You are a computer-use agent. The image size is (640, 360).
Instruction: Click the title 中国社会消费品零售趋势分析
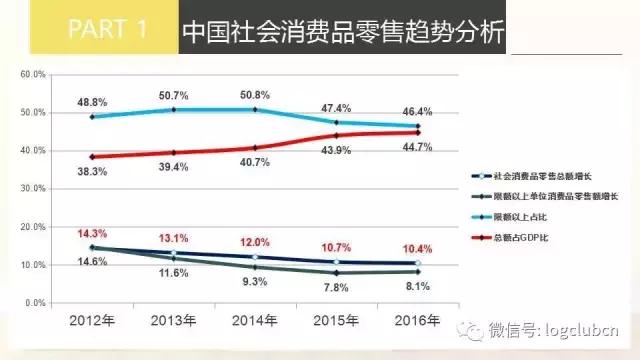[341, 30]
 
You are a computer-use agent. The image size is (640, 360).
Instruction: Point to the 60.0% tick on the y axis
[33, 75]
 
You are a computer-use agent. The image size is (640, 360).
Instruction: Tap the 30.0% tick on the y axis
[33, 188]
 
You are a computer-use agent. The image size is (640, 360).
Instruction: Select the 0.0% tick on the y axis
[35, 302]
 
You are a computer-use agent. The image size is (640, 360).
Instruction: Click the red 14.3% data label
[92, 233]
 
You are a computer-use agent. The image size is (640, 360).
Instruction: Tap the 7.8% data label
[335, 287]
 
